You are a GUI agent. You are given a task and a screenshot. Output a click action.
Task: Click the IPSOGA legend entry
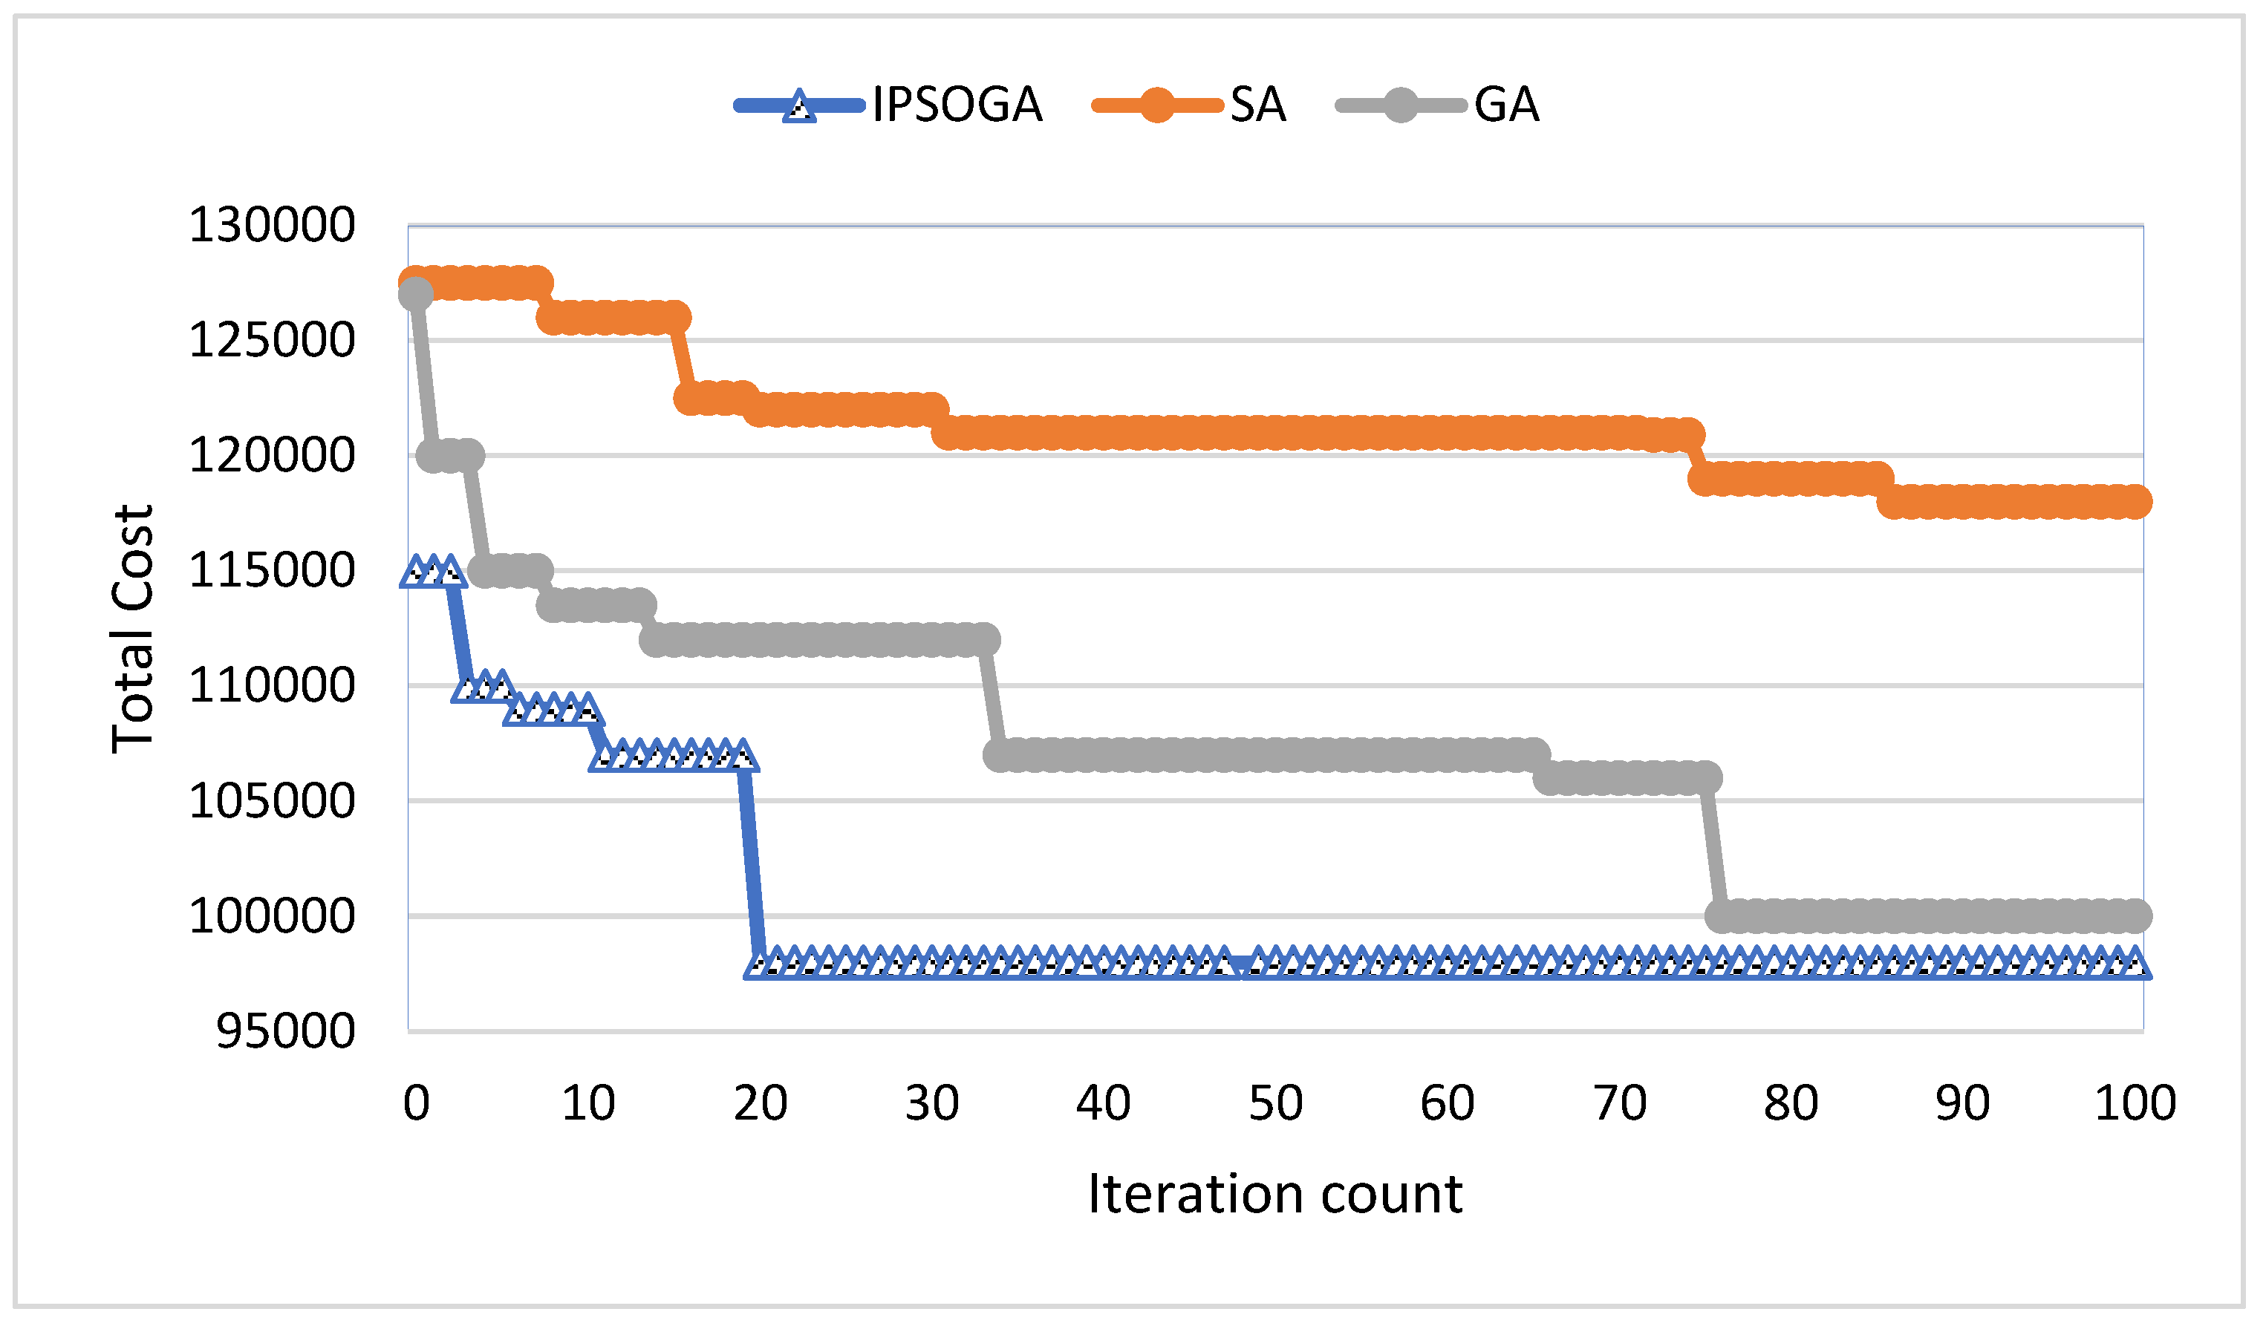point(957,105)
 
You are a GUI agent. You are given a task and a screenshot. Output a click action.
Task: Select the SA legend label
point(1257,105)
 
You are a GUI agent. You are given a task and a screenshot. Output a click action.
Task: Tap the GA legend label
point(1506,105)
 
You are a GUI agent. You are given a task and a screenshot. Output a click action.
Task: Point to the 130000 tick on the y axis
point(272,225)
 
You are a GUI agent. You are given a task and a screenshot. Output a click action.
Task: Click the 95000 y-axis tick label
point(286,1031)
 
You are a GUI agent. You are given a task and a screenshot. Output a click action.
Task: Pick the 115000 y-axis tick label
point(272,570)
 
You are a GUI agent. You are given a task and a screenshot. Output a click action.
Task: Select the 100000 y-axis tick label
point(272,915)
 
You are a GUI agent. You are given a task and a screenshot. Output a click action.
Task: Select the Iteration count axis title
point(1275,1194)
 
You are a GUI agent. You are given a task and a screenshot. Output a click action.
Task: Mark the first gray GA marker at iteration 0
point(415,294)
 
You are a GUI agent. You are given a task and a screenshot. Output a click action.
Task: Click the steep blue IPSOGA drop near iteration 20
point(752,863)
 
